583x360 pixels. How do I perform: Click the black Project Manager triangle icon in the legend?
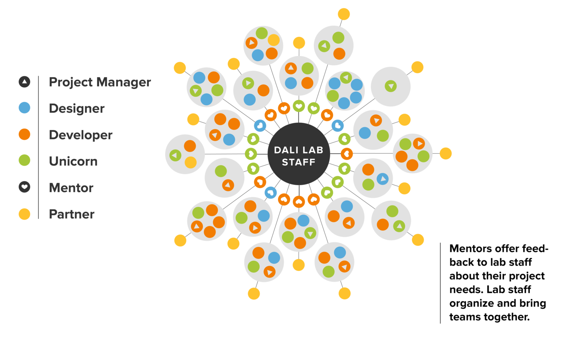24,82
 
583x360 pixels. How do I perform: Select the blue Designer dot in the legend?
24,108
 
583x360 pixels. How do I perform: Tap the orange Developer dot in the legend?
24,134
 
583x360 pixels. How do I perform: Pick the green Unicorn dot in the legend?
24,160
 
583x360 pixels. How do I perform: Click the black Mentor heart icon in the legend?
24,187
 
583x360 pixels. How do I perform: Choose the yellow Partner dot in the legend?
24,214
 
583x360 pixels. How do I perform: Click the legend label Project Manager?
100,82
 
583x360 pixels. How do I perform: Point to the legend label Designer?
76,108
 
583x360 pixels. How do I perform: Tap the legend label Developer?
80,135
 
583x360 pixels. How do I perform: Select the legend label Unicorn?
73,161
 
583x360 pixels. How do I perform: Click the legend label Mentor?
71,188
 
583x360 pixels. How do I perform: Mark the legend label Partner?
71,214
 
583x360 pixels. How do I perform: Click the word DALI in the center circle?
285,150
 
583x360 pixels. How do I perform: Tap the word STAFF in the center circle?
299,162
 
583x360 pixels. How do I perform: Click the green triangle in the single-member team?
391,86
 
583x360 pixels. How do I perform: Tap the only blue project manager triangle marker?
383,179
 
